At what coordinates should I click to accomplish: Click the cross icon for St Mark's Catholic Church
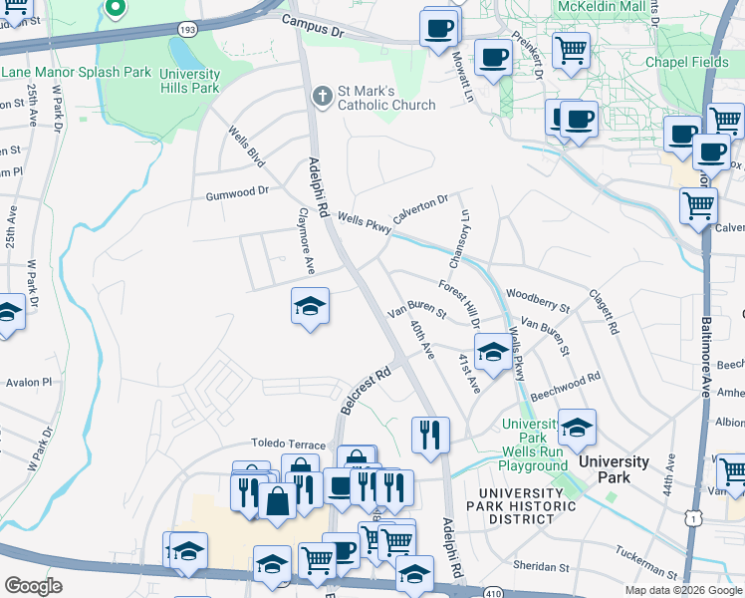click(322, 97)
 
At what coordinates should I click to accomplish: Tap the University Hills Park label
click(189, 81)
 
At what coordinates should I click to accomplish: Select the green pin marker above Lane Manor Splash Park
click(115, 9)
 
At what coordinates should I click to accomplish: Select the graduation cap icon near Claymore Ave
click(310, 306)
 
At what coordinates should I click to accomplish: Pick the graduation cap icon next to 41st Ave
click(492, 353)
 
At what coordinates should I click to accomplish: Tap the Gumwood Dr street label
click(237, 191)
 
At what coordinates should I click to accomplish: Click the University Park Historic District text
click(527, 499)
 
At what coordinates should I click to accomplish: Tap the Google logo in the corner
click(33, 585)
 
